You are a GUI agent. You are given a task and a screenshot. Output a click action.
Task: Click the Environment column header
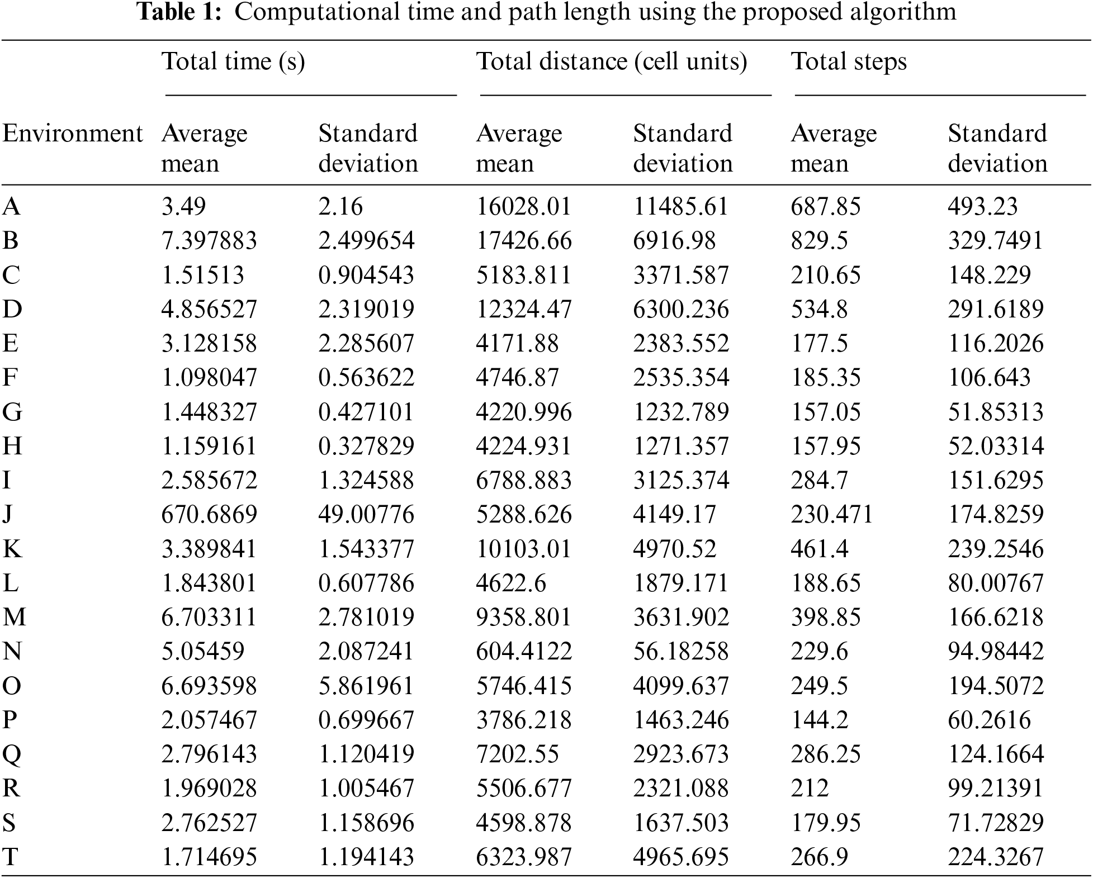(x=73, y=134)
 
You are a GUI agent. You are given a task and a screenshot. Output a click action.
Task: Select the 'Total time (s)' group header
(x=233, y=61)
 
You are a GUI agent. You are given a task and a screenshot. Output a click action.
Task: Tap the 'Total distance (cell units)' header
(x=612, y=61)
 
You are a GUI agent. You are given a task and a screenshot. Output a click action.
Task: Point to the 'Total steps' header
(x=849, y=61)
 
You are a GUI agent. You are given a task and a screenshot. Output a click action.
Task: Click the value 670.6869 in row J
(x=209, y=515)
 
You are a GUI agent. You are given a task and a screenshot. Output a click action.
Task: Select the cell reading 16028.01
(x=524, y=207)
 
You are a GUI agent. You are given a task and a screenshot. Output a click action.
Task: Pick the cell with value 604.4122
(x=524, y=652)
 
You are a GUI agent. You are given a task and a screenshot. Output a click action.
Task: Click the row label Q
(x=12, y=754)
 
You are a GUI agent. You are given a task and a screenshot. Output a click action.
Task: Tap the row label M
(x=15, y=618)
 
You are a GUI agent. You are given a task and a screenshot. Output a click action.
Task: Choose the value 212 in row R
(x=810, y=789)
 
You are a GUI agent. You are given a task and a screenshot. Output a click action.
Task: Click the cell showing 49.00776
(x=366, y=515)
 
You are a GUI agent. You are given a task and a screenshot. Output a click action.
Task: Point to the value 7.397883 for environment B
(x=209, y=241)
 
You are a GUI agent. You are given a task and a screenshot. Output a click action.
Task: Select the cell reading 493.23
(x=983, y=207)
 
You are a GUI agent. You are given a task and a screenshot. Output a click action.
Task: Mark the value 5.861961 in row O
(x=366, y=686)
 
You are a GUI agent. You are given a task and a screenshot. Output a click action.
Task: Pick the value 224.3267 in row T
(x=996, y=857)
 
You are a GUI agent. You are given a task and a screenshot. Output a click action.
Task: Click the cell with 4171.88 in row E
(x=517, y=344)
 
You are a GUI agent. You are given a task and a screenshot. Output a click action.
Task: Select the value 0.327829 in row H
(x=366, y=447)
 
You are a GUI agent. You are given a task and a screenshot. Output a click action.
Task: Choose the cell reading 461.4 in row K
(x=819, y=549)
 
